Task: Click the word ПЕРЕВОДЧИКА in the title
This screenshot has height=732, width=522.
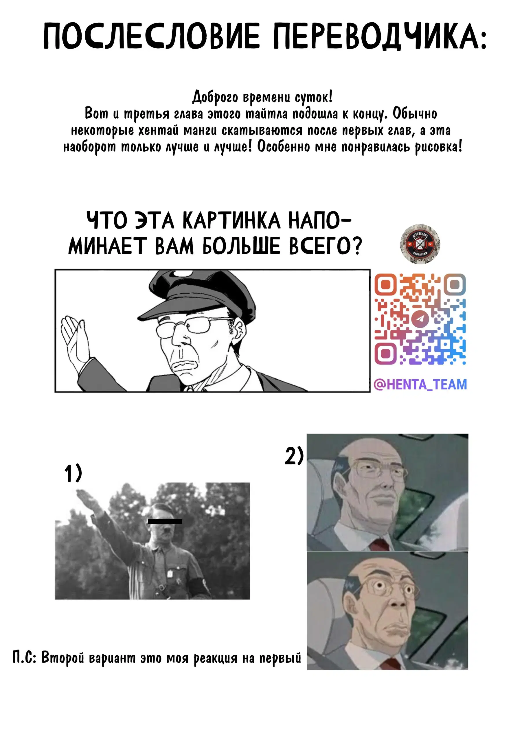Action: pos(380,36)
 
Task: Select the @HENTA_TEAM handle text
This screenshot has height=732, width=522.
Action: pos(420,384)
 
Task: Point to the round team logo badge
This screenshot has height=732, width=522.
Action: pos(420,244)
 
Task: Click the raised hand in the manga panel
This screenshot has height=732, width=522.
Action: pos(75,341)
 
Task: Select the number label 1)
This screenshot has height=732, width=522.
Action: pos(73,473)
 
